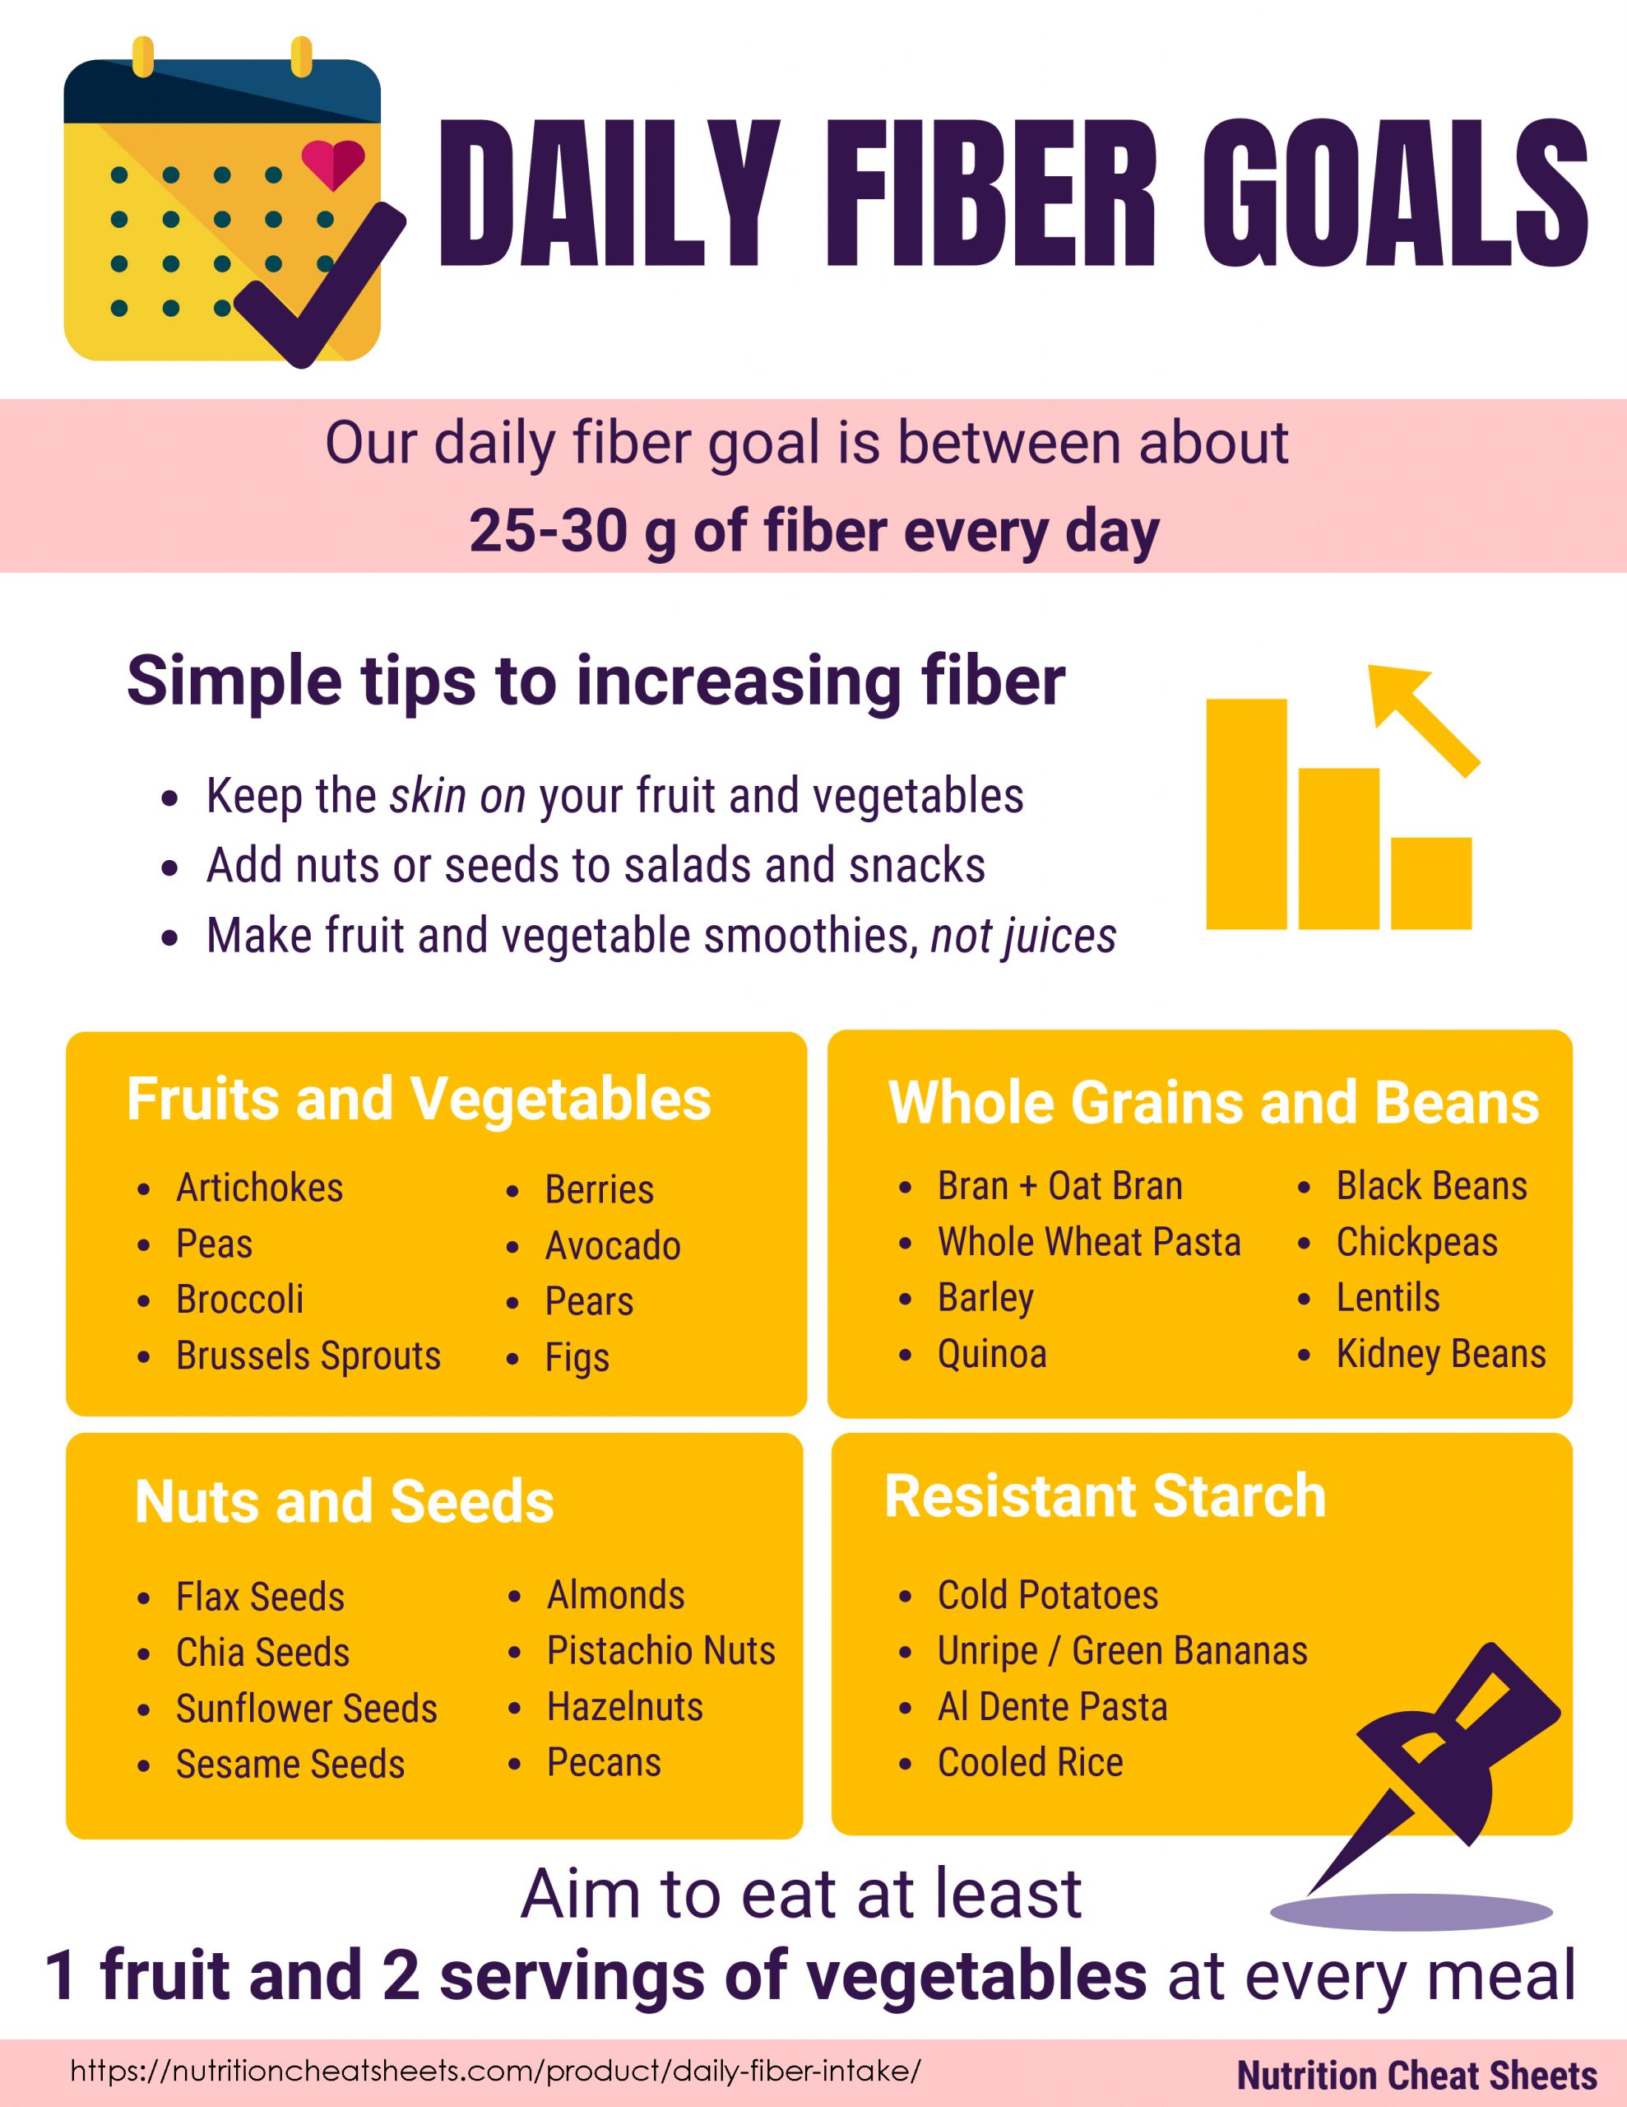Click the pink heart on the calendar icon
pyautogui.click(x=333, y=164)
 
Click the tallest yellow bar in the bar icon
pyautogui.click(x=1246, y=814)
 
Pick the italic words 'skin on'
pyautogui.click(x=457, y=797)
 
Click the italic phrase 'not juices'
pyautogui.click(x=1023, y=937)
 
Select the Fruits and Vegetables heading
pyautogui.click(x=419, y=1099)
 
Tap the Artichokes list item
pyautogui.click(x=259, y=1188)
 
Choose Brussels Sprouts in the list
pyautogui.click(x=308, y=1356)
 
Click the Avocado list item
pyautogui.click(x=613, y=1245)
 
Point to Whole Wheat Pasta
pyautogui.click(x=1089, y=1242)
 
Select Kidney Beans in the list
pyautogui.click(x=1441, y=1354)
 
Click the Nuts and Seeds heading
pyautogui.click(x=345, y=1501)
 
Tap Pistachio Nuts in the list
pyautogui.click(x=661, y=1651)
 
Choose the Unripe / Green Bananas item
pyautogui.click(x=1123, y=1651)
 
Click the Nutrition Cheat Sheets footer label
pyautogui.click(x=1416, y=2074)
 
